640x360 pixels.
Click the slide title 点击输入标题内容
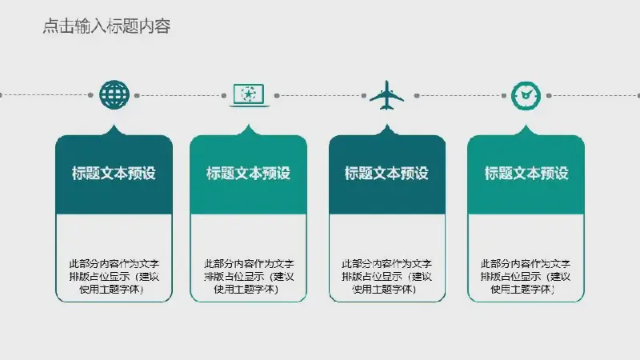pos(106,26)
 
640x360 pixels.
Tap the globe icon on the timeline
pos(114,95)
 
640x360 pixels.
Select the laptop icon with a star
pos(249,95)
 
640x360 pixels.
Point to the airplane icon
pos(386,95)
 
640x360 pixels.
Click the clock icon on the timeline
pos(526,95)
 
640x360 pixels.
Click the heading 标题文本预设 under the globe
pos(114,173)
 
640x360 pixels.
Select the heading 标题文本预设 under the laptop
pos(248,173)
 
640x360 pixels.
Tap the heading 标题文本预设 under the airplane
pos(386,173)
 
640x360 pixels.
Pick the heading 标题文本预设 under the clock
pos(526,173)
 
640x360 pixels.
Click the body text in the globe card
pos(114,276)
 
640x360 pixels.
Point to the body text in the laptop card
pos(249,276)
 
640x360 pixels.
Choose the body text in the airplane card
pos(386,276)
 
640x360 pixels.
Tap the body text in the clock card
pos(526,276)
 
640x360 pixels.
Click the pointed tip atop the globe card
pos(114,125)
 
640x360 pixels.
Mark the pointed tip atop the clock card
pos(526,125)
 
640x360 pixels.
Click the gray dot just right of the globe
pos(137,95)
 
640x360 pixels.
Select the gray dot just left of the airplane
pos(364,95)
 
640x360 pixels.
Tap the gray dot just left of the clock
pos(504,95)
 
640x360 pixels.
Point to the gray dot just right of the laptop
pos(277,95)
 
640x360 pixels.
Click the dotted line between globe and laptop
pos(181,95)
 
